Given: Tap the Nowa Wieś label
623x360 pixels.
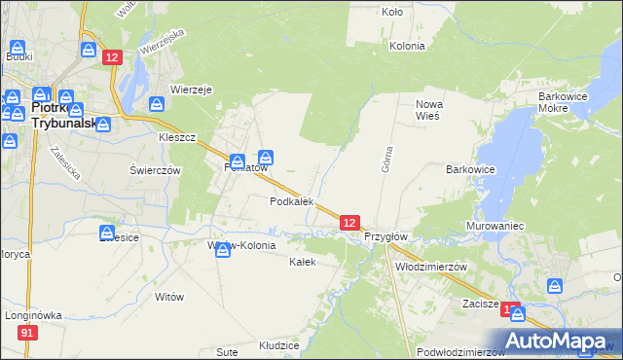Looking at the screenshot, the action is tap(428, 109).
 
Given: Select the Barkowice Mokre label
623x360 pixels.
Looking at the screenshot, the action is tap(567, 103).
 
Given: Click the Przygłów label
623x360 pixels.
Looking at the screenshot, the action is tap(385, 236).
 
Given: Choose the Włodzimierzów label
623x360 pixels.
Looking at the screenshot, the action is tap(432, 266).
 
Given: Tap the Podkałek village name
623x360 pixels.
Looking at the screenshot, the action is tap(291, 201).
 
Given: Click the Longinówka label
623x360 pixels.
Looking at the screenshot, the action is tap(33, 315).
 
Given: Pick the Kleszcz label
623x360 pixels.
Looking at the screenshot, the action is tap(178, 137).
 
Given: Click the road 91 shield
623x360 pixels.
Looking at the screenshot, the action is tap(27, 333).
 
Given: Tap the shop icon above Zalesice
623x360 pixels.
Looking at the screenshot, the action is tap(107, 233).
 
